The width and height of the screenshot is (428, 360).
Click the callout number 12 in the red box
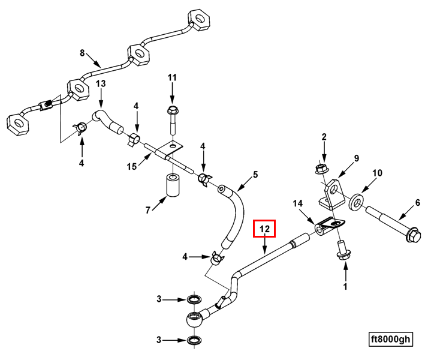coord(264,229)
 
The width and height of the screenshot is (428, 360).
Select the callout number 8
coord(83,53)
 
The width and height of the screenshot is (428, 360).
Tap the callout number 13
coord(101,83)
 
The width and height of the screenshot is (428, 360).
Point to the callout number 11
coord(172,77)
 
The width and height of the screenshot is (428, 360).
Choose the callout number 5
coord(255,175)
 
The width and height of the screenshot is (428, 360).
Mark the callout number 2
coord(324,137)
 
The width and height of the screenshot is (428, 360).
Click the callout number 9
coord(356,158)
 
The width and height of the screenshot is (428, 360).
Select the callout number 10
coord(377,173)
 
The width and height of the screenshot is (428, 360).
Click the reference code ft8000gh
coord(390,340)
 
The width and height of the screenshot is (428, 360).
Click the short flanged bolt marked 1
coord(343,250)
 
